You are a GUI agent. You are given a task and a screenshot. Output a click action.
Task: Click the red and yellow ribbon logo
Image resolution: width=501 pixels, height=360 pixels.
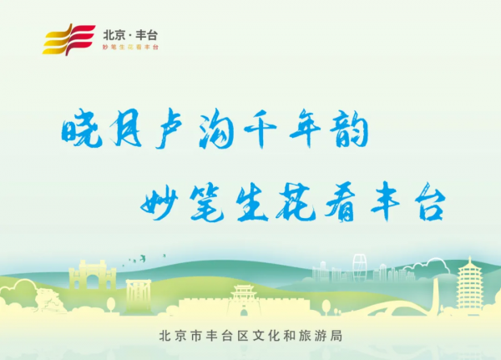point(69,38)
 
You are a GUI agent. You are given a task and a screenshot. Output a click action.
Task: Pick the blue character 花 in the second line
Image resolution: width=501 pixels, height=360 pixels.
point(296,203)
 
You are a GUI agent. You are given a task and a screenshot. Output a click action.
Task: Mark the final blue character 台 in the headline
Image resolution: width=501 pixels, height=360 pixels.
point(427,203)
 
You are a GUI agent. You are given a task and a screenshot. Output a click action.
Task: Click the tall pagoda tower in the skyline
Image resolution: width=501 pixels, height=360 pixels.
point(468,284)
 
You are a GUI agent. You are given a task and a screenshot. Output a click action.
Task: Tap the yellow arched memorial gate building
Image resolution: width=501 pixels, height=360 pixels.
point(91,276)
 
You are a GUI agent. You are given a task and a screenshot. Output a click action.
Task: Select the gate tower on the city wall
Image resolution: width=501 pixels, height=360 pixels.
point(243,297)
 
